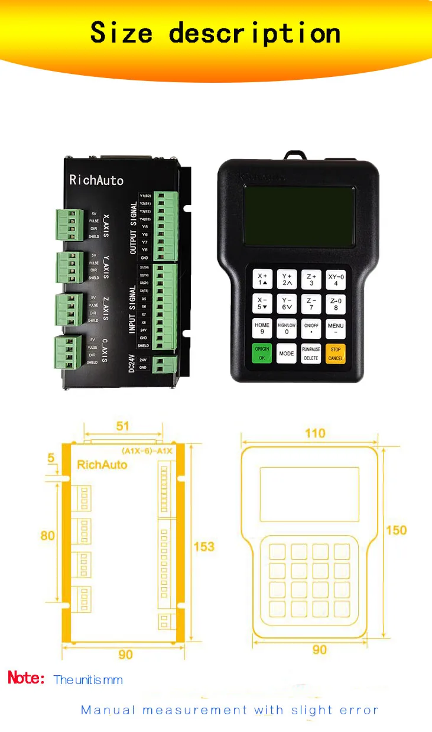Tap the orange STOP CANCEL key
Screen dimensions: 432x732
[335, 354]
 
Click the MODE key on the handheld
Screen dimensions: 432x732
[287, 354]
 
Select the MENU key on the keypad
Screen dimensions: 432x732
[335, 329]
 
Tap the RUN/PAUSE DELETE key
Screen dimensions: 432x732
[311, 354]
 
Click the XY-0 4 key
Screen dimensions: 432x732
[335, 279]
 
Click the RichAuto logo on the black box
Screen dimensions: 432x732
[96, 180]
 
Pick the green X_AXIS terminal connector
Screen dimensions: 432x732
[70, 225]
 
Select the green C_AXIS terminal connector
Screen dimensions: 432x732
[69, 352]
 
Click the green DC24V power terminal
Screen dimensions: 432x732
[165, 364]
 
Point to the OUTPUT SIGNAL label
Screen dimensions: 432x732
[134, 228]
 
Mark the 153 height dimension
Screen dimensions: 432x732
[204, 546]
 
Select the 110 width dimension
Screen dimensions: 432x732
[315, 433]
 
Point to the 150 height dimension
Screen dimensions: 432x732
[397, 530]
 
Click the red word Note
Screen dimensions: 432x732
[26, 678]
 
